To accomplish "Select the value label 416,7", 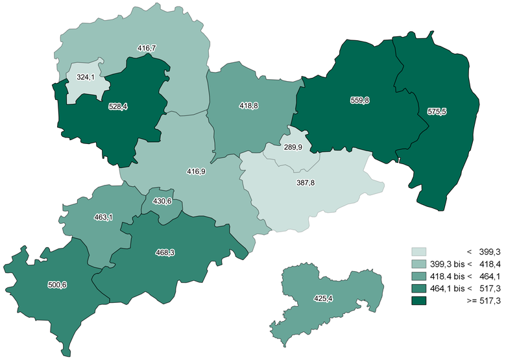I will point(147,48).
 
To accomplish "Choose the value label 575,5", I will point(437,112).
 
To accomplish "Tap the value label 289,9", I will point(293,147).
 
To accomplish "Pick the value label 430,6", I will point(162,202).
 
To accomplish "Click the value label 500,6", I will point(58,284).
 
